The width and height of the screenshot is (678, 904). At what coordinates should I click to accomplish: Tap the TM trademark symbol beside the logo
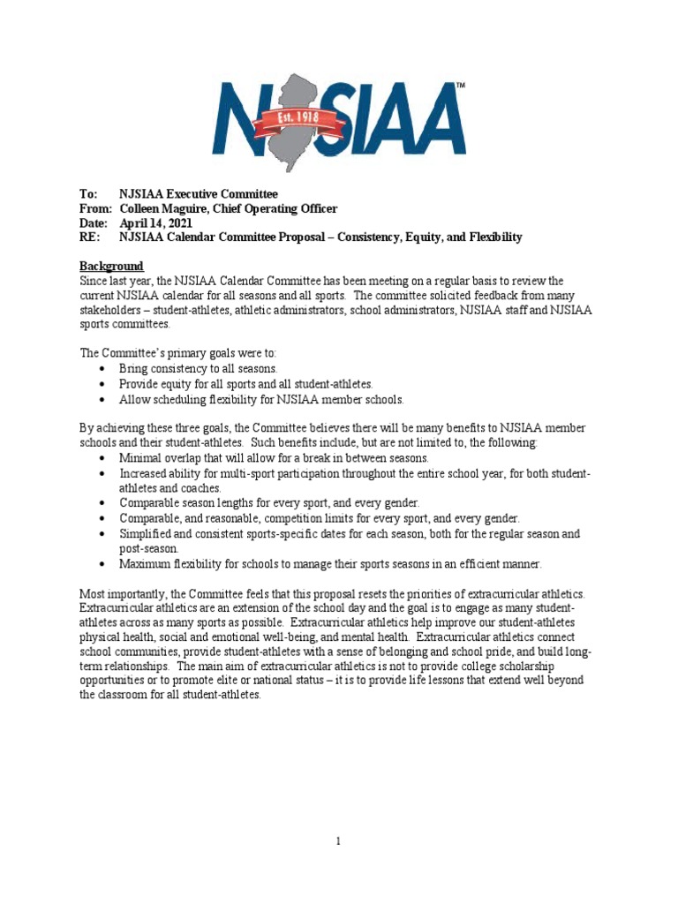tap(459, 87)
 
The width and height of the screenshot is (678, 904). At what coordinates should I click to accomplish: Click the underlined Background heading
tap(111, 266)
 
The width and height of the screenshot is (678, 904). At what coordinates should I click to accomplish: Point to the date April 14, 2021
tap(155, 222)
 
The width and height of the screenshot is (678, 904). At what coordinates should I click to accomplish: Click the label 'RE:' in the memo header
tap(90, 237)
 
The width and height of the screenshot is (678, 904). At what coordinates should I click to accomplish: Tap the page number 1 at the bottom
tap(338, 841)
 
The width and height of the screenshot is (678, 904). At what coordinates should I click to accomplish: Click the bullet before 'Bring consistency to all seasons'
tap(104, 369)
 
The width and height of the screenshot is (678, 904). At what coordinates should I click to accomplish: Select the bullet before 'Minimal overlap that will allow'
tap(104, 459)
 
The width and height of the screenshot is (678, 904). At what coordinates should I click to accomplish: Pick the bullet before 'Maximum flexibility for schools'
tap(104, 564)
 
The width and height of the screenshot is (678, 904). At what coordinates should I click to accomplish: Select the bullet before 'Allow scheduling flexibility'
tap(104, 399)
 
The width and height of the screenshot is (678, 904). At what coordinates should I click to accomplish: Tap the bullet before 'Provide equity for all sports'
tap(104, 384)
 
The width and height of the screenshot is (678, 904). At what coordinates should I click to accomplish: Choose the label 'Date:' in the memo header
tap(94, 222)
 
